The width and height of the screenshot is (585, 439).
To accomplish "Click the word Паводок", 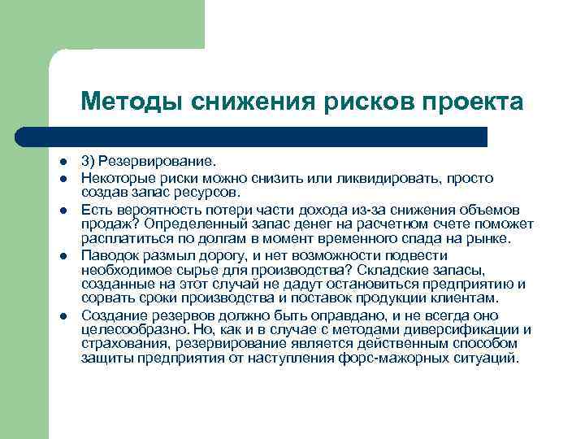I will tap(109, 256).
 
